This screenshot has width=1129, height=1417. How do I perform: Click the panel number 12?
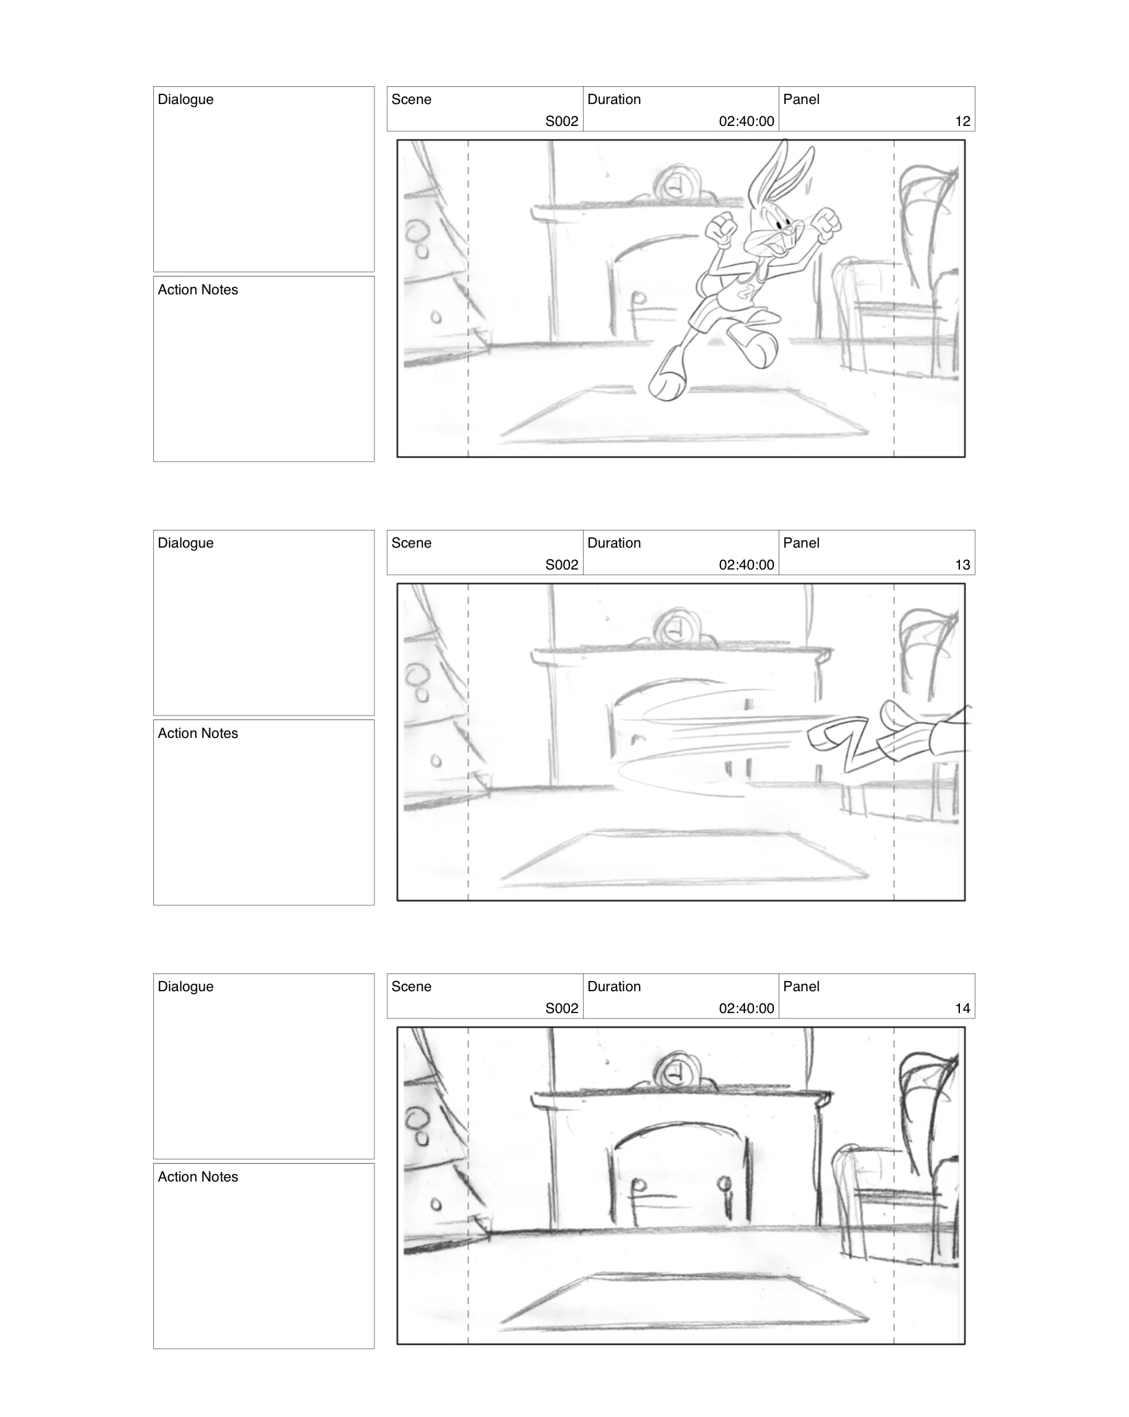962,121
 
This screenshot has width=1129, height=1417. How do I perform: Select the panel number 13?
962,565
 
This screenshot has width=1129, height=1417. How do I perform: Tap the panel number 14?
962,1008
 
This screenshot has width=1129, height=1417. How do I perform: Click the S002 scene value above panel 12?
561,121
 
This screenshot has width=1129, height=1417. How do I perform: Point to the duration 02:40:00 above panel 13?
746,565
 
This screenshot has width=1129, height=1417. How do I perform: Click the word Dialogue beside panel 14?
185,986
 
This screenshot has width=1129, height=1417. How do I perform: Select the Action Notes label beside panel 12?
198,290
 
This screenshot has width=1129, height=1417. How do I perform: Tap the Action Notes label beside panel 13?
198,733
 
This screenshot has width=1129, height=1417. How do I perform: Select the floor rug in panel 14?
684,1301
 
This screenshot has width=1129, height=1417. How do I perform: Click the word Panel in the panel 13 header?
801,543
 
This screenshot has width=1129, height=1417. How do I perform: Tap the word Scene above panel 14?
411,986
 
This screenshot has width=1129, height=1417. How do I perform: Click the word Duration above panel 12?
614,99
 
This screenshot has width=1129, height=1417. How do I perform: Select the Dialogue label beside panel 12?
185,99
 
